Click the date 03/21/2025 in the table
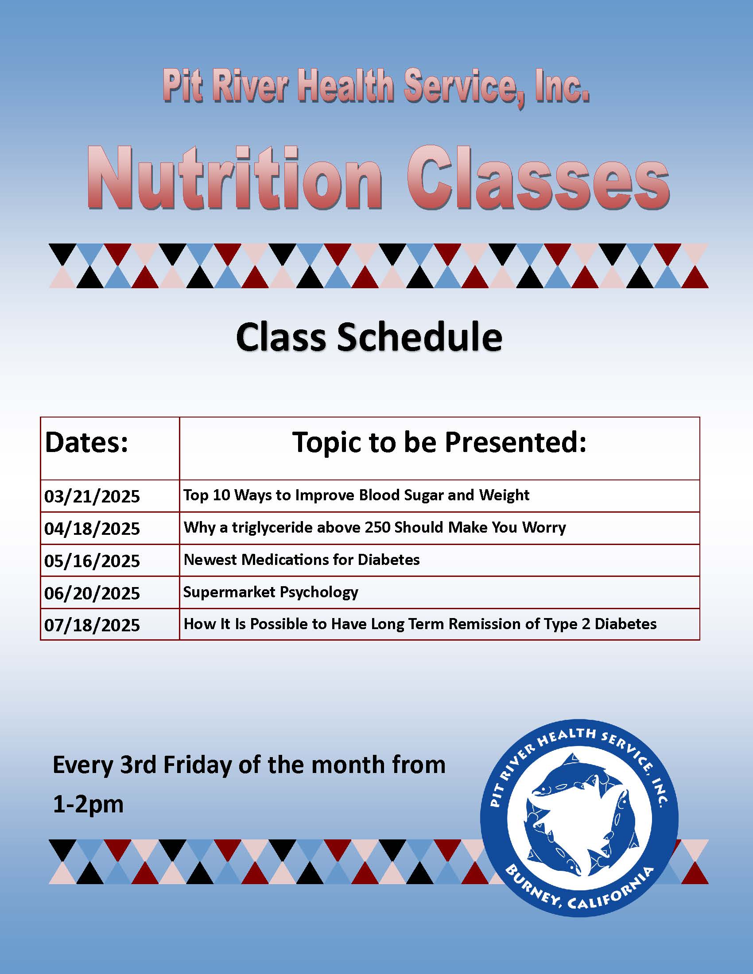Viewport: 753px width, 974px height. (92, 496)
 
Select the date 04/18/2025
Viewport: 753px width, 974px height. (92, 529)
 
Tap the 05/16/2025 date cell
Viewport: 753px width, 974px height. (92, 560)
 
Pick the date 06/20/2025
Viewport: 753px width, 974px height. (92, 593)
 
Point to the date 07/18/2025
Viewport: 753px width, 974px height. (92, 625)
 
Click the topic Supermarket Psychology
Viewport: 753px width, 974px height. (271, 592)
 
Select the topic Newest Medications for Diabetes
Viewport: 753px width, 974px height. (302, 560)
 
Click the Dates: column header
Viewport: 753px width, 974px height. (86, 443)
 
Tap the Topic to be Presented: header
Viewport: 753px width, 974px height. (439, 442)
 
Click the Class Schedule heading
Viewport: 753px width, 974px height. (369, 337)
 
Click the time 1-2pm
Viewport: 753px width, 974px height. (88, 804)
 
